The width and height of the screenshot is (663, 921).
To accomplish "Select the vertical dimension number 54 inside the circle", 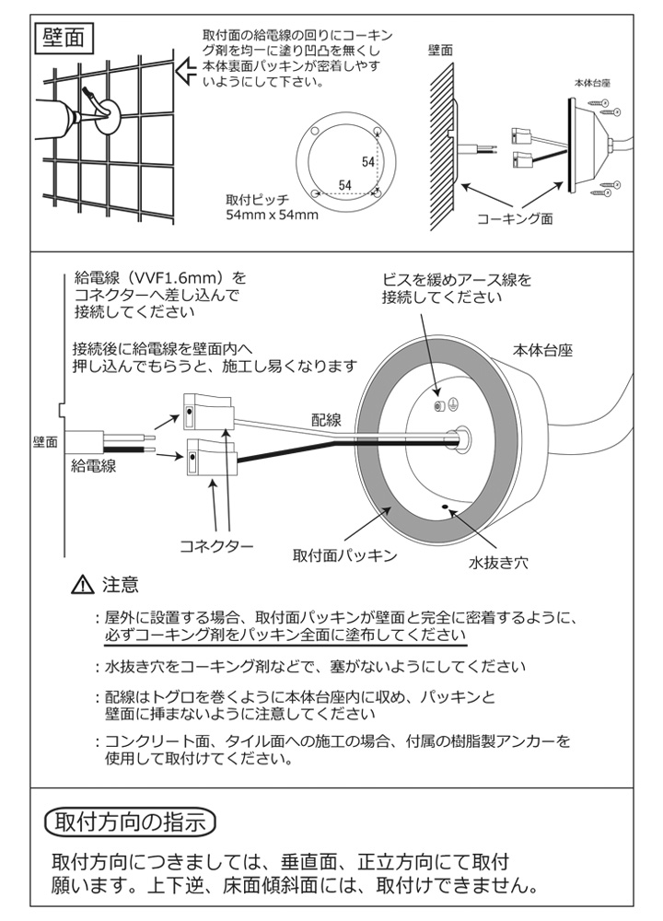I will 368,162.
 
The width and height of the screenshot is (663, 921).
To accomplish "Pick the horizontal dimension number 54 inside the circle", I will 344,185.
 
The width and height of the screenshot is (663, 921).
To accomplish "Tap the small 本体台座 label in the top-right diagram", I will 594,82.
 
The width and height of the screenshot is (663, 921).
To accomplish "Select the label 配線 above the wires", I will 326,420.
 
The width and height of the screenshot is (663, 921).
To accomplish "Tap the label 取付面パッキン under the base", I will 344,555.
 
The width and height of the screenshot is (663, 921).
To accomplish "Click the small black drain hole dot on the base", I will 447,506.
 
